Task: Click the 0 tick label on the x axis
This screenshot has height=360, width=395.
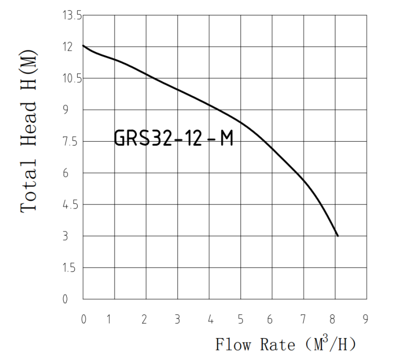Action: [x=83, y=319]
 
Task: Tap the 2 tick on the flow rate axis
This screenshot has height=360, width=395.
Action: [x=145, y=319]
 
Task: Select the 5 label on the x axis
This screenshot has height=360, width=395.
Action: [x=241, y=319]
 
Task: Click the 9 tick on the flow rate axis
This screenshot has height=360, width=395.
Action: [x=365, y=319]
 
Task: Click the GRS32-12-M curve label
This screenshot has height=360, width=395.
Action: [x=173, y=139]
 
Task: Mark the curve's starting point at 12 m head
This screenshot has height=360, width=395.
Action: [x=83, y=46]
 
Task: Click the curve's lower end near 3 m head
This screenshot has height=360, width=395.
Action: [x=337, y=236]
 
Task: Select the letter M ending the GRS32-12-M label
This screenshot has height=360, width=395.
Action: [x=227, y=139]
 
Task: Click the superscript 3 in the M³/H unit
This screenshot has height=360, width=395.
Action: [x=326, y=338]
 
